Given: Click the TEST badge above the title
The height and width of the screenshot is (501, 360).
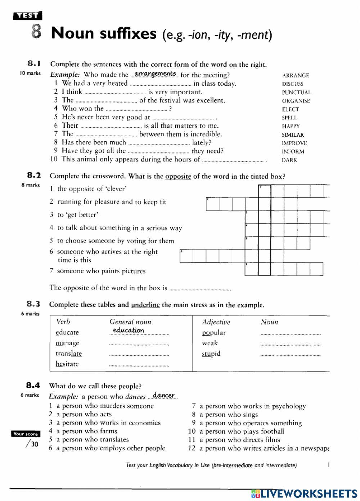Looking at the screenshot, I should (27, 16).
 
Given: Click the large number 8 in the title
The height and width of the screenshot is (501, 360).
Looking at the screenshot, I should (36, 32).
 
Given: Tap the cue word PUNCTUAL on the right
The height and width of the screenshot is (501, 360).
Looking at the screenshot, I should (296, 92).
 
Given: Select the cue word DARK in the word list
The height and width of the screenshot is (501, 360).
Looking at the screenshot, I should (289, 160).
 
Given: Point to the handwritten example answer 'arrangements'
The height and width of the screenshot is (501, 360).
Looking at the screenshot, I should (155, 74).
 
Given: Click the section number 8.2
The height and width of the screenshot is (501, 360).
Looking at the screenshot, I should (34, 176).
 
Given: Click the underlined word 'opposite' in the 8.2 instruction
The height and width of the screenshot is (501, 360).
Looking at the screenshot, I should (178, 176).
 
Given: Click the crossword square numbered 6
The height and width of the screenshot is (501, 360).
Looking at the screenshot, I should (186, 256).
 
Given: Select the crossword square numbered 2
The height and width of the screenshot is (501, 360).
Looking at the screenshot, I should (212, 204).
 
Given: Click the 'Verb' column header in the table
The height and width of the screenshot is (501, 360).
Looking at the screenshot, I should (63, 322).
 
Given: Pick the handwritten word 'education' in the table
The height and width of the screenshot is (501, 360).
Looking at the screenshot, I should (128, 330).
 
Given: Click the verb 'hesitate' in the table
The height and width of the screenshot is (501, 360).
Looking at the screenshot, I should (67, 364).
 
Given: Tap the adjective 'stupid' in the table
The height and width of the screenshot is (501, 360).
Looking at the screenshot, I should (211, 354).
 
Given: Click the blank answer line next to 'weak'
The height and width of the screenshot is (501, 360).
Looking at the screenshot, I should (290, 344).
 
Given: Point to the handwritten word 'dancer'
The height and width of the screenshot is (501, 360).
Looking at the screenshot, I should (163, 395).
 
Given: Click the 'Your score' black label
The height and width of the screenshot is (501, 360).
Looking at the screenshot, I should (26, 434).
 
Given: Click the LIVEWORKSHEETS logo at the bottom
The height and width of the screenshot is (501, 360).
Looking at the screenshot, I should (304, 493).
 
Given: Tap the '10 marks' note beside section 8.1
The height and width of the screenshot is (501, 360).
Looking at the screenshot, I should (30, 74).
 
